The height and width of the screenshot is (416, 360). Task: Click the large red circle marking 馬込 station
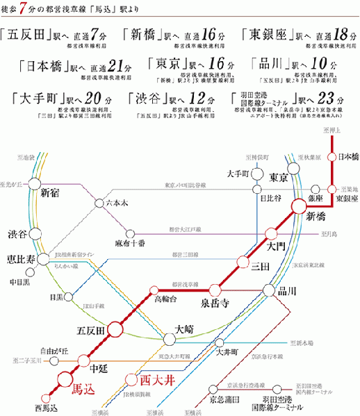[65, 379]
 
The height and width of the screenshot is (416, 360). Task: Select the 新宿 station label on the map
[51, 192]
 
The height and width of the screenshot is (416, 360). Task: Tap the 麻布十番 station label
[130, 244]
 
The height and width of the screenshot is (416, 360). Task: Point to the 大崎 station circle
[170, 339]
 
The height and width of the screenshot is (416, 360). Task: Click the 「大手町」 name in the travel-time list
[35, 97]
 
